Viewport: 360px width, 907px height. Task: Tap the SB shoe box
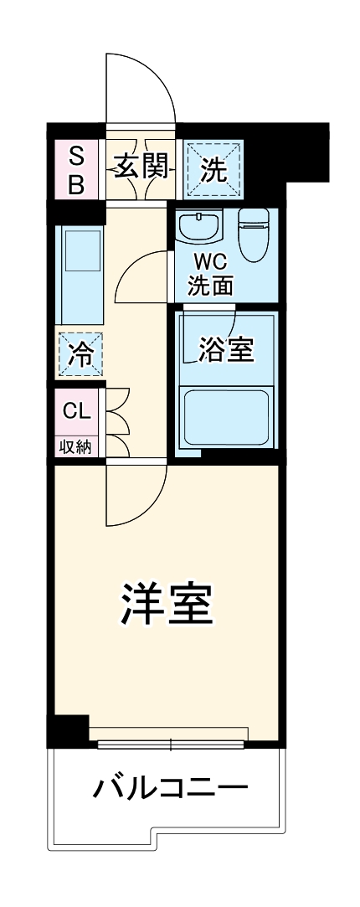click(76, 170)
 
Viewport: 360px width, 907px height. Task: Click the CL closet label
click(76, 411)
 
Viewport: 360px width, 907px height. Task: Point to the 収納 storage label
click(75, 446)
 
